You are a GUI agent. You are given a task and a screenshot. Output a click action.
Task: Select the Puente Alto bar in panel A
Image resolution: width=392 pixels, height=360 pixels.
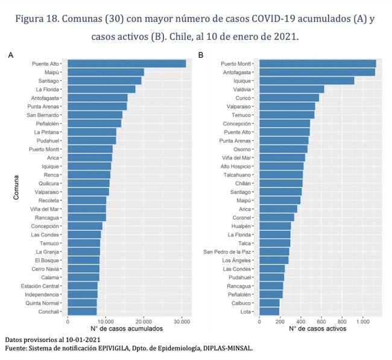[x=127, y=63]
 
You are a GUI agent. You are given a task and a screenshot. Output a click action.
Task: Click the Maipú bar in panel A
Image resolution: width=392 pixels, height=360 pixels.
[x=106, y=72]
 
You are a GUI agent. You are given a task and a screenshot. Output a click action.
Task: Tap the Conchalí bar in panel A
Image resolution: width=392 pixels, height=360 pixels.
[x=82, y=311]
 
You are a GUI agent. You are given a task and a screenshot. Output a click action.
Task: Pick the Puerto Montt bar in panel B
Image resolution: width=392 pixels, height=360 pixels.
[x=317, y=63]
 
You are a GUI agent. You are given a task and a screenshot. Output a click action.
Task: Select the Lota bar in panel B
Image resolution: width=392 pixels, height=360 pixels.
[x=269, y=311]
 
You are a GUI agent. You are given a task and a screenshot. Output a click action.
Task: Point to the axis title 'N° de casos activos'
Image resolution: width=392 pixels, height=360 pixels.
[x=317, y=329]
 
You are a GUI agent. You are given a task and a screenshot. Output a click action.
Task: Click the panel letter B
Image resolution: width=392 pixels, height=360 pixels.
[x=201, y=55]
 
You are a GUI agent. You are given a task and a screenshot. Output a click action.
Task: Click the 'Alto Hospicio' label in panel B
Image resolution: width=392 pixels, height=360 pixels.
[x=236, y=166]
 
